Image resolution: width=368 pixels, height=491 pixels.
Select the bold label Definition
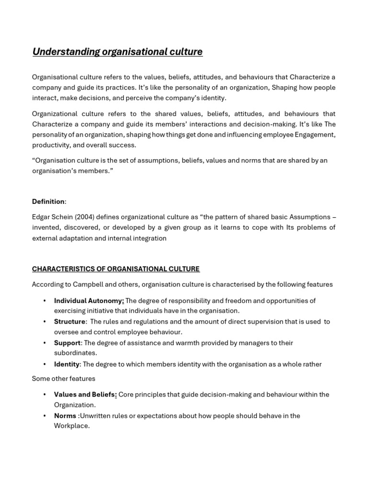(x=48, y=201)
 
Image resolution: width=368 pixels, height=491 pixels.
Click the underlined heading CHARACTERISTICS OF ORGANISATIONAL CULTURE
(x=116, y=269)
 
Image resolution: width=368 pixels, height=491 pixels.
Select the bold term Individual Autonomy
(x=89, y=301)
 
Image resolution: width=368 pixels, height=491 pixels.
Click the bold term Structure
(x=69, y=322)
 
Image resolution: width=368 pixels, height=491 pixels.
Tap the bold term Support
(x=67, y=343)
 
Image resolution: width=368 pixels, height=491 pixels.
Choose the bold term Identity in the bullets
(x=67, y=364)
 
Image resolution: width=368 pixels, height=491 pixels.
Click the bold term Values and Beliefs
(x=85, y=395)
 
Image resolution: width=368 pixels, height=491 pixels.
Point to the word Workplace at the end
(x=71, y=426)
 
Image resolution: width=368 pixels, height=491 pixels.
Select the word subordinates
(x=75, y=353)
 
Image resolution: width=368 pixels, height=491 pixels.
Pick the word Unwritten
(x=95, y=416)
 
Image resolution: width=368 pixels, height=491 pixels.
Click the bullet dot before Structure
(x=45, y=322)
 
